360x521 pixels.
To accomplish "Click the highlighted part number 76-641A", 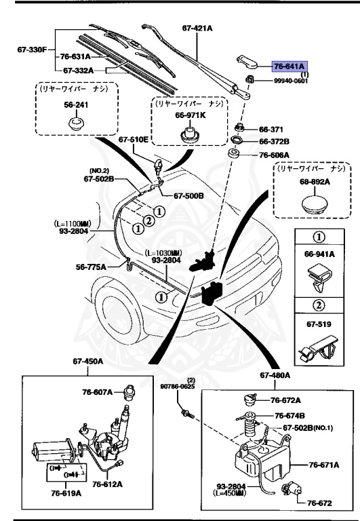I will tap(290, 66).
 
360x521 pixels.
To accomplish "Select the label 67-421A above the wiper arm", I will tap(197, 28).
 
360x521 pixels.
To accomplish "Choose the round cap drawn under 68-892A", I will tap(312, 205).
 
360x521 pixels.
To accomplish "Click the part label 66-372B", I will tap(275, 142).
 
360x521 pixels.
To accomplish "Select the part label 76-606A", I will tap(275, 155).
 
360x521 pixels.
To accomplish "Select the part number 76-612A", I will tap(108, 484).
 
